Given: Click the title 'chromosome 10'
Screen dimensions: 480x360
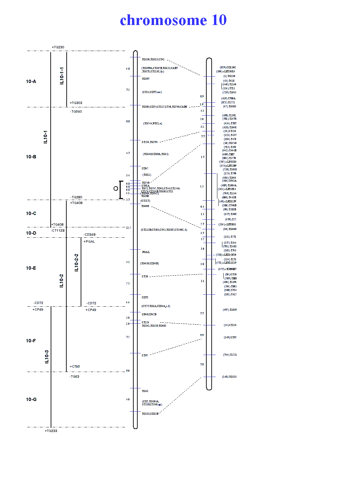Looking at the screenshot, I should tap(173, 20).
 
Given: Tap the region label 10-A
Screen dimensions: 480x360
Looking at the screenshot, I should tap(31, 81).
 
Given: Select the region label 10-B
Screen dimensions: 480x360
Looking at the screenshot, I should tap(31, 157).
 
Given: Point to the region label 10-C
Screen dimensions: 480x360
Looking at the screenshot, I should tap(31, 213).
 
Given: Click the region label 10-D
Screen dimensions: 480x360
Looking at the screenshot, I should tap(31, 233).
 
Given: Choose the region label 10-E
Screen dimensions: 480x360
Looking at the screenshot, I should tap(31, 268).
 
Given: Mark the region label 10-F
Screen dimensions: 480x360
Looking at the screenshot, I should tap(31, 341).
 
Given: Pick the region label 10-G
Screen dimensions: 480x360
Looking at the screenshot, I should tap(31, 399).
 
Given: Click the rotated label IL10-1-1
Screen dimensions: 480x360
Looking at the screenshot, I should tap(62, 76).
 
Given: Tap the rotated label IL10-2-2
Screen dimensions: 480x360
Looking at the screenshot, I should tap(76, 263).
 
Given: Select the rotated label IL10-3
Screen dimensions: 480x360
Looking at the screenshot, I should tap(47, 357).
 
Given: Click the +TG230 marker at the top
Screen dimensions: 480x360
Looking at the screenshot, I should tap(58, 47).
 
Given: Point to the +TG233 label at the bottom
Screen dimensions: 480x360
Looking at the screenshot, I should tap(51, 431).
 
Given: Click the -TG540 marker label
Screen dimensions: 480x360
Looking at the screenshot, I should tap(76, 112).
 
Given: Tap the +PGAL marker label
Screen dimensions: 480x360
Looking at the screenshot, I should tap(89, 242).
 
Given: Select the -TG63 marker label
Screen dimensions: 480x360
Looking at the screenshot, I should tap(74, 377).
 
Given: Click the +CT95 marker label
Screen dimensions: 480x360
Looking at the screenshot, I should tap(75, 367).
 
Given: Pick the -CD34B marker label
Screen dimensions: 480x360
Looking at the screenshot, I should tap(89, 235).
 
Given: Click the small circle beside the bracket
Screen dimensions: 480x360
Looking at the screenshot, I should tap(116, 188).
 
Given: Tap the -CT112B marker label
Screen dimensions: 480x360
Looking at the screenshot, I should tap(58, 231).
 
